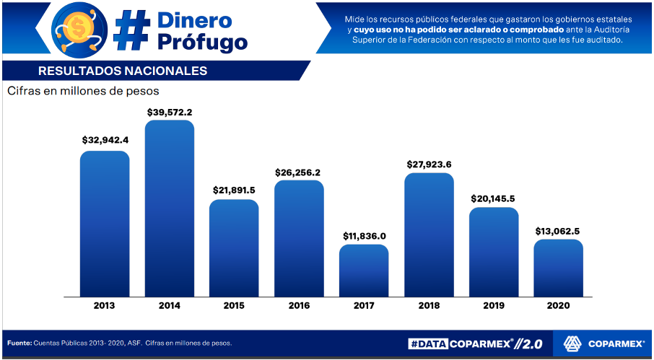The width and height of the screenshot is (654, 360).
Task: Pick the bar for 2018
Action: click(429, 234)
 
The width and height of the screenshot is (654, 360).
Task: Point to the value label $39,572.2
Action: click(170, 113)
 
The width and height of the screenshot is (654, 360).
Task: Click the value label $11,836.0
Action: click(364, 236)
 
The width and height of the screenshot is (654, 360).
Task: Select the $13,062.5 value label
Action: click(558, 231)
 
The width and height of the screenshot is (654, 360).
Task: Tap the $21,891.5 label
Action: click(234, 190)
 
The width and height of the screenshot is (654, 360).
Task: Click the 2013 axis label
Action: click(104, 306)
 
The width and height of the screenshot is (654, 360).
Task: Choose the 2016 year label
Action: click(299, 306)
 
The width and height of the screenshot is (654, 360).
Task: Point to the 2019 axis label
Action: click(494, 306)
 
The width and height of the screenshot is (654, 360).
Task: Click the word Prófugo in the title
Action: click(202, 42)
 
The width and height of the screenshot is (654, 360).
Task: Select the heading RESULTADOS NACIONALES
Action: click(123, 71)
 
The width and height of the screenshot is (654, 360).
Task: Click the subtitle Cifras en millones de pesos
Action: click(83, 92)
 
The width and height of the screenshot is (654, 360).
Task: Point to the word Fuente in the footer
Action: click(19, 343)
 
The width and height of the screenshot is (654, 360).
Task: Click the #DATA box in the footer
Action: click(427, 344)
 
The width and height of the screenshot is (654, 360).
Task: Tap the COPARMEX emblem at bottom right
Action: click(573, 344)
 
